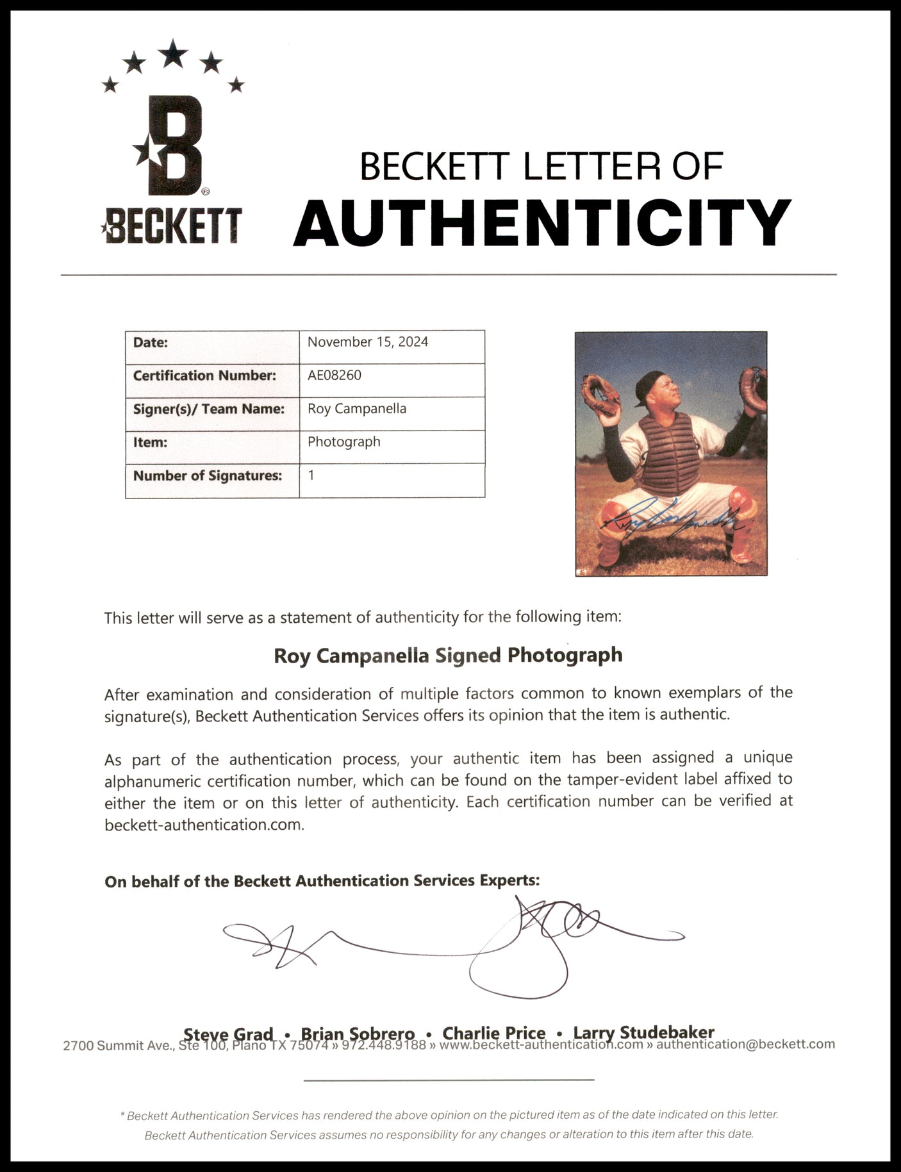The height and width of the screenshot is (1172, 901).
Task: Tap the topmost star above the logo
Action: (173, 54)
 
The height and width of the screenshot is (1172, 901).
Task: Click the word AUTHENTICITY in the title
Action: (542, 222)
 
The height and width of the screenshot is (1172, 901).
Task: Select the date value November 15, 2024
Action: (368, 342)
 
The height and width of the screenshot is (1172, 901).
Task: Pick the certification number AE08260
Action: (335, 376)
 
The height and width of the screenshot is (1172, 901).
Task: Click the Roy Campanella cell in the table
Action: (357, 409)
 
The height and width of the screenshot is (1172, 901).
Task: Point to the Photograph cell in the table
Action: (344, 442)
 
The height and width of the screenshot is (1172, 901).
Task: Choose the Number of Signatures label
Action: (208, 475)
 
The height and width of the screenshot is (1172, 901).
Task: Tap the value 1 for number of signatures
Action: (311, 475)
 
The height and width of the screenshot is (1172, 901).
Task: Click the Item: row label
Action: (150, 442)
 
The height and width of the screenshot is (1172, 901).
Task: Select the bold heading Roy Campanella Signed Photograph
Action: (448, 656)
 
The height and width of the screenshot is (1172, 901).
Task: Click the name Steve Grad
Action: (228, 1034)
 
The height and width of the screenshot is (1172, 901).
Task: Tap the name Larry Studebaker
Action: (643, 1032)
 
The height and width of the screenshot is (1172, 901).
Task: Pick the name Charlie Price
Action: (494, 1033)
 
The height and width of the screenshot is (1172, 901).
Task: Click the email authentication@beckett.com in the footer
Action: (746, 1044)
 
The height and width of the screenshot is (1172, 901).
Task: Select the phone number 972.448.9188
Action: (384, 1046)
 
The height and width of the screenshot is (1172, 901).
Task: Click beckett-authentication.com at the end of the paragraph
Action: (204, 825)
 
